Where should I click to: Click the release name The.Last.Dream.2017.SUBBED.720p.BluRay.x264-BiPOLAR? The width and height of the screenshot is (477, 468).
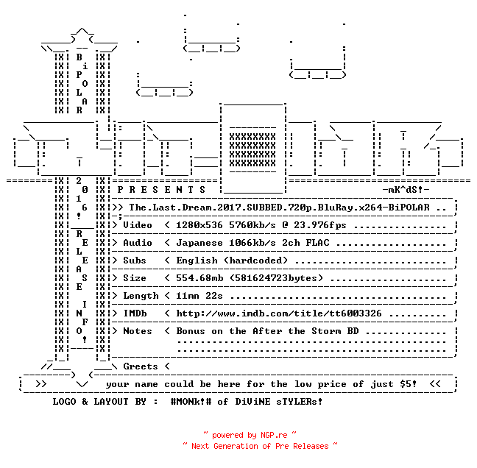point(279,208)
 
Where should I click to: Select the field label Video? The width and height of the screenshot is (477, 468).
point(137,225)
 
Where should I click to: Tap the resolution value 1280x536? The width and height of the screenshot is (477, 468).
point(199,225)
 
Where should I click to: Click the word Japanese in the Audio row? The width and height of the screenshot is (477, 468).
point(199,243)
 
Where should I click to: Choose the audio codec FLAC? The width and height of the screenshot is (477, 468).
point(317,243)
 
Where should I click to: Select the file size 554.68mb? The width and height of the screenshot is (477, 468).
point(199,278)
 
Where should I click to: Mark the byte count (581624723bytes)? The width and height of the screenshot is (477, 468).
point(276,278)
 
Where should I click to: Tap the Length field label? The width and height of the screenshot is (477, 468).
point(141,296)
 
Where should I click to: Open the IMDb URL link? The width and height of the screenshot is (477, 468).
point(279,313)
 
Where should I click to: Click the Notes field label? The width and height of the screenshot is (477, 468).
point(137,331)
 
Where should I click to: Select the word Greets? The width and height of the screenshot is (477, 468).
point(141,366)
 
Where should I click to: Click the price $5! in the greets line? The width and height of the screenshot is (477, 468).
point(408,384)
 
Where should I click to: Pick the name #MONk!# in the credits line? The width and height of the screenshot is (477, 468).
point(191,401)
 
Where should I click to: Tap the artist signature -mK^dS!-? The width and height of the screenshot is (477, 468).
point(406,190)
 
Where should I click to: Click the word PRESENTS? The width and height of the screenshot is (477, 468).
point(161,190)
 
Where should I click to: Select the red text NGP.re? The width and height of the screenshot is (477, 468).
point(274,435)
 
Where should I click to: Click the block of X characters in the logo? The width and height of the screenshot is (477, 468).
point(252,150)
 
